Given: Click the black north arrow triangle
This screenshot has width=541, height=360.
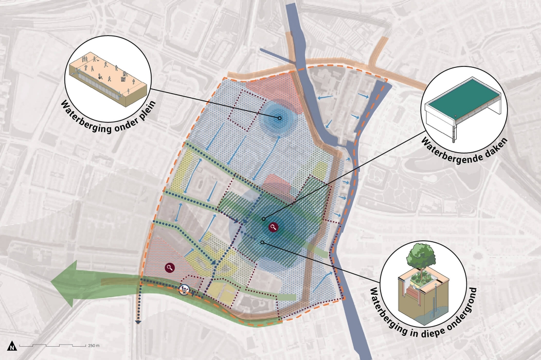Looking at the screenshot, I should tap(11, 346).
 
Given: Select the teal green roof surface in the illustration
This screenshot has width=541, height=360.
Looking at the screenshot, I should tap(462, 106).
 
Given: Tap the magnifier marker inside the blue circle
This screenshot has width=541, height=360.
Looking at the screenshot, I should tap(273, 227).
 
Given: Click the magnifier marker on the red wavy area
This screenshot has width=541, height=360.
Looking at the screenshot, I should tap(170, 267).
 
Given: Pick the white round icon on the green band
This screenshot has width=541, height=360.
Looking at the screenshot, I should tap(184, 290).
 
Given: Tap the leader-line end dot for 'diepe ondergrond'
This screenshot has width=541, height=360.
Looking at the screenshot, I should tap(262, 242).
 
